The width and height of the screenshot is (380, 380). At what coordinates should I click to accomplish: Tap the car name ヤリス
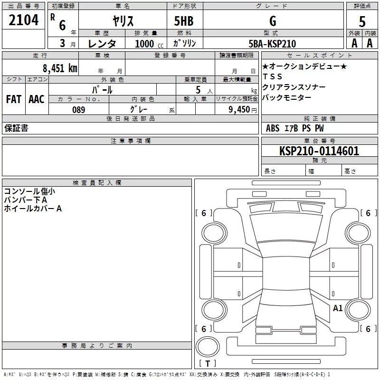[x=123, y=21]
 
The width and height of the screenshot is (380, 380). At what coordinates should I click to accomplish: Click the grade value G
[x=272, y=21]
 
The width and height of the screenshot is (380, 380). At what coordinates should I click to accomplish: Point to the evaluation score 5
[x=362, y=21]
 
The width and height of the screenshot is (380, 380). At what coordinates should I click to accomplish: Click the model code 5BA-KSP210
[x=272, y=44]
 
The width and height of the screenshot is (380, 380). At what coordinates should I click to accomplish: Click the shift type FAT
[x=14, y=99]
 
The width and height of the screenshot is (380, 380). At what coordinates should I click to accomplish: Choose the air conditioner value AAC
[x=37, y=99]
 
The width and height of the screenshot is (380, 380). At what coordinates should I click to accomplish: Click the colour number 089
[x=78, y=110]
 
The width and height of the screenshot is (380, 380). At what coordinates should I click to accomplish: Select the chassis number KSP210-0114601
[x=319, y=151]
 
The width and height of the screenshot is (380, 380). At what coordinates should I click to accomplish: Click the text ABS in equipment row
[x=273, y=128]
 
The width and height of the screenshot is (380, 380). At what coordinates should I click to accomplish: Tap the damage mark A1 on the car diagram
[x=338, y=308]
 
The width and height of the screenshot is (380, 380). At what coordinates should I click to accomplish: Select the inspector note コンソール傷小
[x=29, y=191]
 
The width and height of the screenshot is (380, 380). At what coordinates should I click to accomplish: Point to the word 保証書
[x=16, y=128]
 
